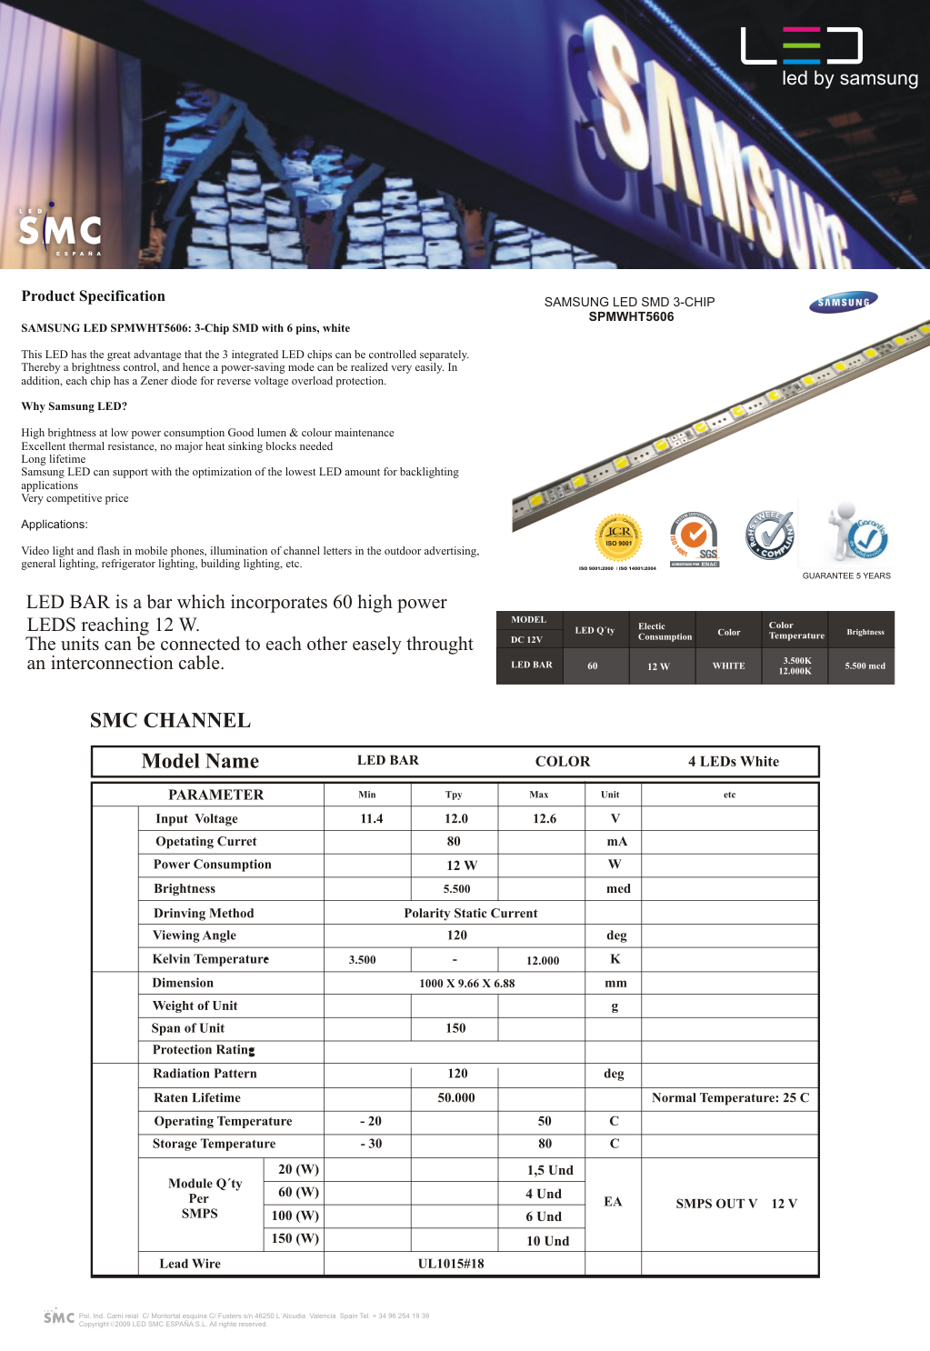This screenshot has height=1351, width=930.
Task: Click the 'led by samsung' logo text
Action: pos(849,78)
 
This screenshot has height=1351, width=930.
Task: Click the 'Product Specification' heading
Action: pos(94,296)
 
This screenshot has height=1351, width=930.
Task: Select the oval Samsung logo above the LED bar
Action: pos(844,303)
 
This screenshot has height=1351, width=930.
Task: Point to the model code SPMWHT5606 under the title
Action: pos(631,317)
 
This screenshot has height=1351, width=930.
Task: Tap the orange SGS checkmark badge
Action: pos(694,536)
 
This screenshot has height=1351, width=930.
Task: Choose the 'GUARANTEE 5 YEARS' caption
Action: pos(846,575)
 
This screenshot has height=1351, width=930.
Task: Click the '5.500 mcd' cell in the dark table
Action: pos(865,665)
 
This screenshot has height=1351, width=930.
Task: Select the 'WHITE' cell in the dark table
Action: pos(728,665)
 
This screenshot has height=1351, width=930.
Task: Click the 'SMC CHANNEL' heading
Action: pos(170,721)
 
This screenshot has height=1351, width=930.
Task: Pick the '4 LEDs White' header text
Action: pos(733,762)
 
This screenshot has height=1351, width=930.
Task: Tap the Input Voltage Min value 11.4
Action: pos(372,819)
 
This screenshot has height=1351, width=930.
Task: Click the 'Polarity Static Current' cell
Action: pos(470,913)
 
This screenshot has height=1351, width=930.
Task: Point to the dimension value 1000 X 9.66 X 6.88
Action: pos(466,984)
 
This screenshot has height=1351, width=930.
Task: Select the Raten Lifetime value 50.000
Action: pos(456,1098)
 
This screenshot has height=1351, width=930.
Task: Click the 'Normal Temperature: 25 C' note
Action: pos(730,1098)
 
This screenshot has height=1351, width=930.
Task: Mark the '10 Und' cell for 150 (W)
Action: pos(547,1241)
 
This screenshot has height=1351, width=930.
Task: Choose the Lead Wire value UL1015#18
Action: pos(451,1264)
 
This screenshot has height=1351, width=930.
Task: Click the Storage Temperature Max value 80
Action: pos(545,1144)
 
